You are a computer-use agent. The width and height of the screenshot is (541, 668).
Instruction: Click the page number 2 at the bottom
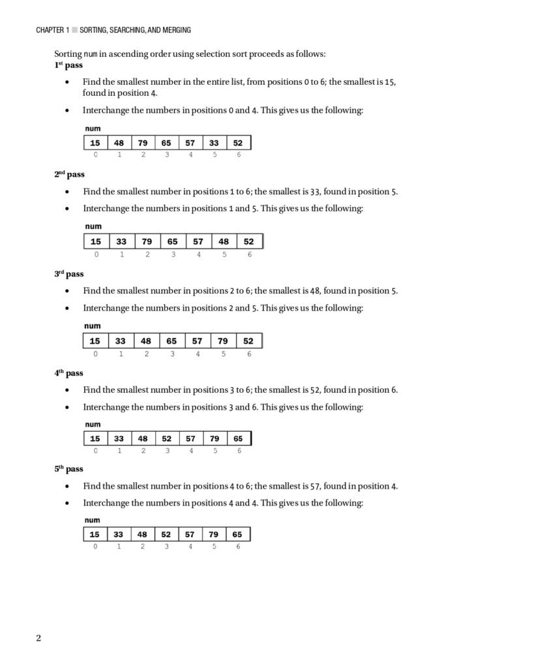pos(38,638)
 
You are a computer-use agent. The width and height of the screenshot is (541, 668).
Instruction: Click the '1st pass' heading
pos(68,66)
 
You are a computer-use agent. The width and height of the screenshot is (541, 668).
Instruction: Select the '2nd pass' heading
pos(69,175)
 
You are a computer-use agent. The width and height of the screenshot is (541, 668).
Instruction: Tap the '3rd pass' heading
pos(68,274)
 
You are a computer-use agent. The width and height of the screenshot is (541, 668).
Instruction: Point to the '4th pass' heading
pos(68,373)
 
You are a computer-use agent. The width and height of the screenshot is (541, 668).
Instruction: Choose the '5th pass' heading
pos(68,469)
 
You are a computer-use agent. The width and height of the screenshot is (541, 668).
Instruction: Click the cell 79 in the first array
pos(143,143)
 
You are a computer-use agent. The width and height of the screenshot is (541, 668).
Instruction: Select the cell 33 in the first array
pos(214,143)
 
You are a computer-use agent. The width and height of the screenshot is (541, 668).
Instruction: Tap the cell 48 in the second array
pos(224,241)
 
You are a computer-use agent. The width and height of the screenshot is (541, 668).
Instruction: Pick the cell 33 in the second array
pos(121,241)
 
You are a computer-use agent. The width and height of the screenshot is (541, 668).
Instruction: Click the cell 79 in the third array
pos(223,341)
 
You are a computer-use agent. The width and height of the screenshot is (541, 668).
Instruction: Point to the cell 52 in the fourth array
pos(167,438)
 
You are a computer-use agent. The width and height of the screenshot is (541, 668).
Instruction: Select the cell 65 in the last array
pos(237,534)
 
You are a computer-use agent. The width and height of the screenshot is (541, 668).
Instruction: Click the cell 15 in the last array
pos(95,534)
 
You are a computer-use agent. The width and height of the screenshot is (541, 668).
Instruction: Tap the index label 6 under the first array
pos(239,155)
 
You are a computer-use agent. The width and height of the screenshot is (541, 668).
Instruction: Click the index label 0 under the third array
pos(96,354)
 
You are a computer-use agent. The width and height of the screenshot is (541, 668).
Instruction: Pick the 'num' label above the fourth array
pos(93,425)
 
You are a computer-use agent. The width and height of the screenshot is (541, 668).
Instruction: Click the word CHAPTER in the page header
pos(50,30)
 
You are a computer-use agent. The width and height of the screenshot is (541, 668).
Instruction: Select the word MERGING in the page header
pos(175,30)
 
